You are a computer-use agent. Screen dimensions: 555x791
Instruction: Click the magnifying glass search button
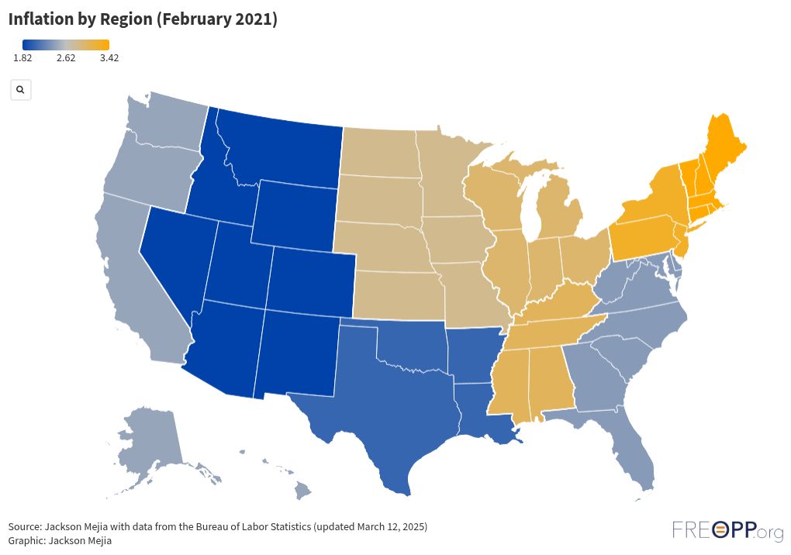20,90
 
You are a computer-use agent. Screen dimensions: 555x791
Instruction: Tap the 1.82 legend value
22,58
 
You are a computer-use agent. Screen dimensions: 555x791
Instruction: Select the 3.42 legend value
109,58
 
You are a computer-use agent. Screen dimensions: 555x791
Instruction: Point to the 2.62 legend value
66,58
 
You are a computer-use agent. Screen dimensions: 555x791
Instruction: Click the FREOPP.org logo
727,530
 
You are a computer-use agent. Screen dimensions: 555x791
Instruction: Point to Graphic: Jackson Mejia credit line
60,540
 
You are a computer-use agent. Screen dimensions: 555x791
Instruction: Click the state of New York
655,198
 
